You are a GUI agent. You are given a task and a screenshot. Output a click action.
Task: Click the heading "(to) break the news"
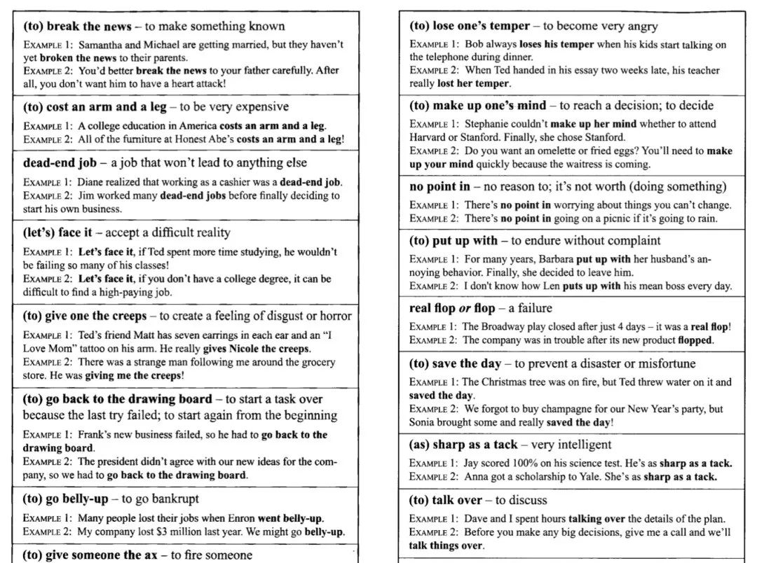77,27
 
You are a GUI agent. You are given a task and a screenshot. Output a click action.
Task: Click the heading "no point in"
439,186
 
